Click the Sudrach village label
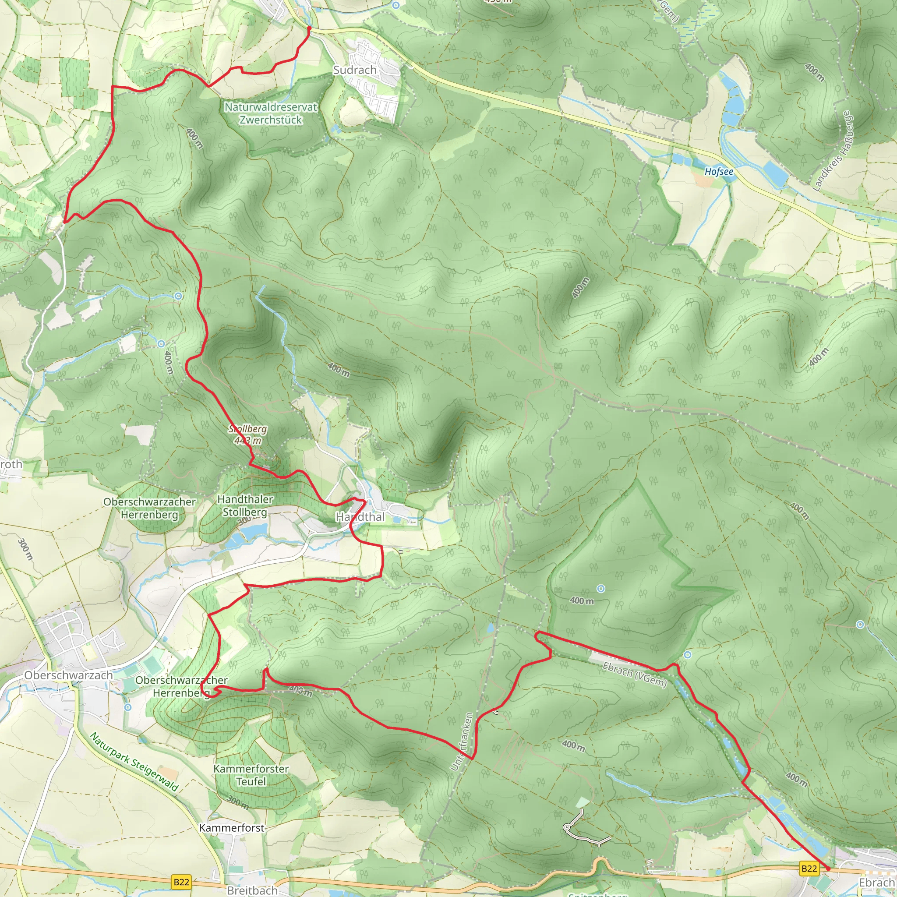355,70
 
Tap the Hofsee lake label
719,171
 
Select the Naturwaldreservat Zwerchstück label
271,113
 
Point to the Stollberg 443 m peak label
248,434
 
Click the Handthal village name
360,517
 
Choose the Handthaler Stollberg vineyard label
245,505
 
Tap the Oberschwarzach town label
68,675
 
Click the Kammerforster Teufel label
251,775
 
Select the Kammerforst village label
232,828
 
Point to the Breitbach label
252,890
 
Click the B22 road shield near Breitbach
181,882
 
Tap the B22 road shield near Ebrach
809,868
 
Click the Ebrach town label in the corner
876,882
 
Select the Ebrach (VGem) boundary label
634,675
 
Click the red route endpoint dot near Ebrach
828,868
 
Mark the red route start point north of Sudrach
309,28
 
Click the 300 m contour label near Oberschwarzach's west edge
25,549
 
